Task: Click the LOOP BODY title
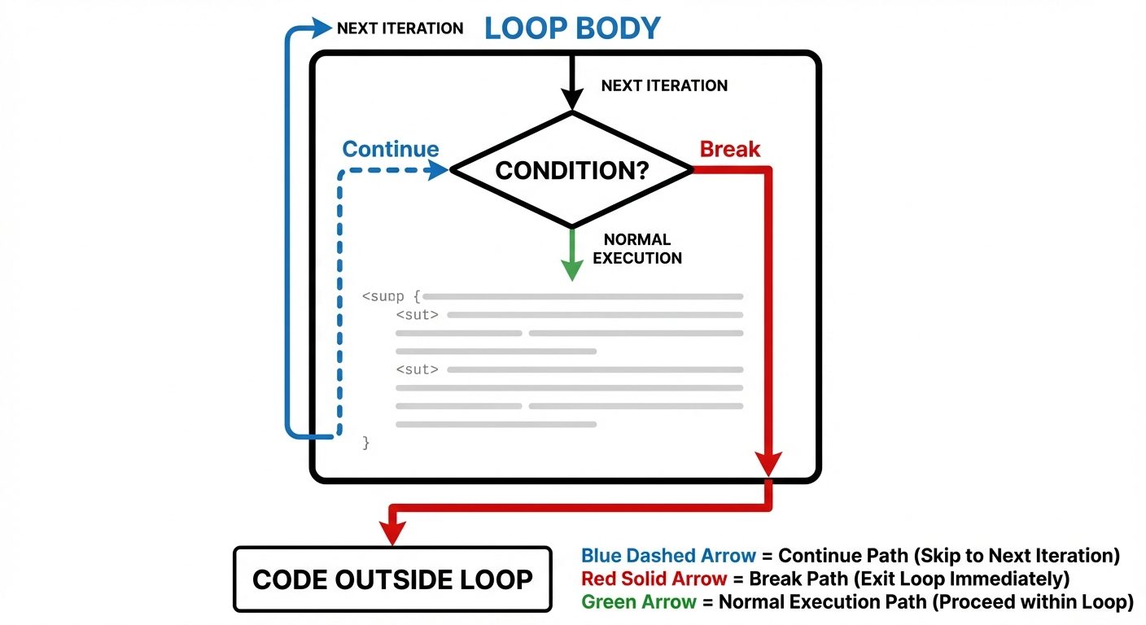[572, 28]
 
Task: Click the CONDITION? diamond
[571, 170]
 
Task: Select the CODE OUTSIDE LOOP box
[392, 579]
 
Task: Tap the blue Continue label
[390, 150]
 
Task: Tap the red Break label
[730, 150]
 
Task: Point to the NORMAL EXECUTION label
[637, 249]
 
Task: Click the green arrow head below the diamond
[572, 269]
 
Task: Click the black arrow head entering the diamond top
[572, 99]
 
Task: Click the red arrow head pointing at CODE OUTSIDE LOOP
[393, 533]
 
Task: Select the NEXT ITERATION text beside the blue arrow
[400, 28]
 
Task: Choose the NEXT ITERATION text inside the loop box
[664, 85]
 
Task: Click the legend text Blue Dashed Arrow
[668, 557]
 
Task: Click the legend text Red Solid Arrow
[654, 579]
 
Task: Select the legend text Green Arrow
[639, 602]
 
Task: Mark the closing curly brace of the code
[366, 443]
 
